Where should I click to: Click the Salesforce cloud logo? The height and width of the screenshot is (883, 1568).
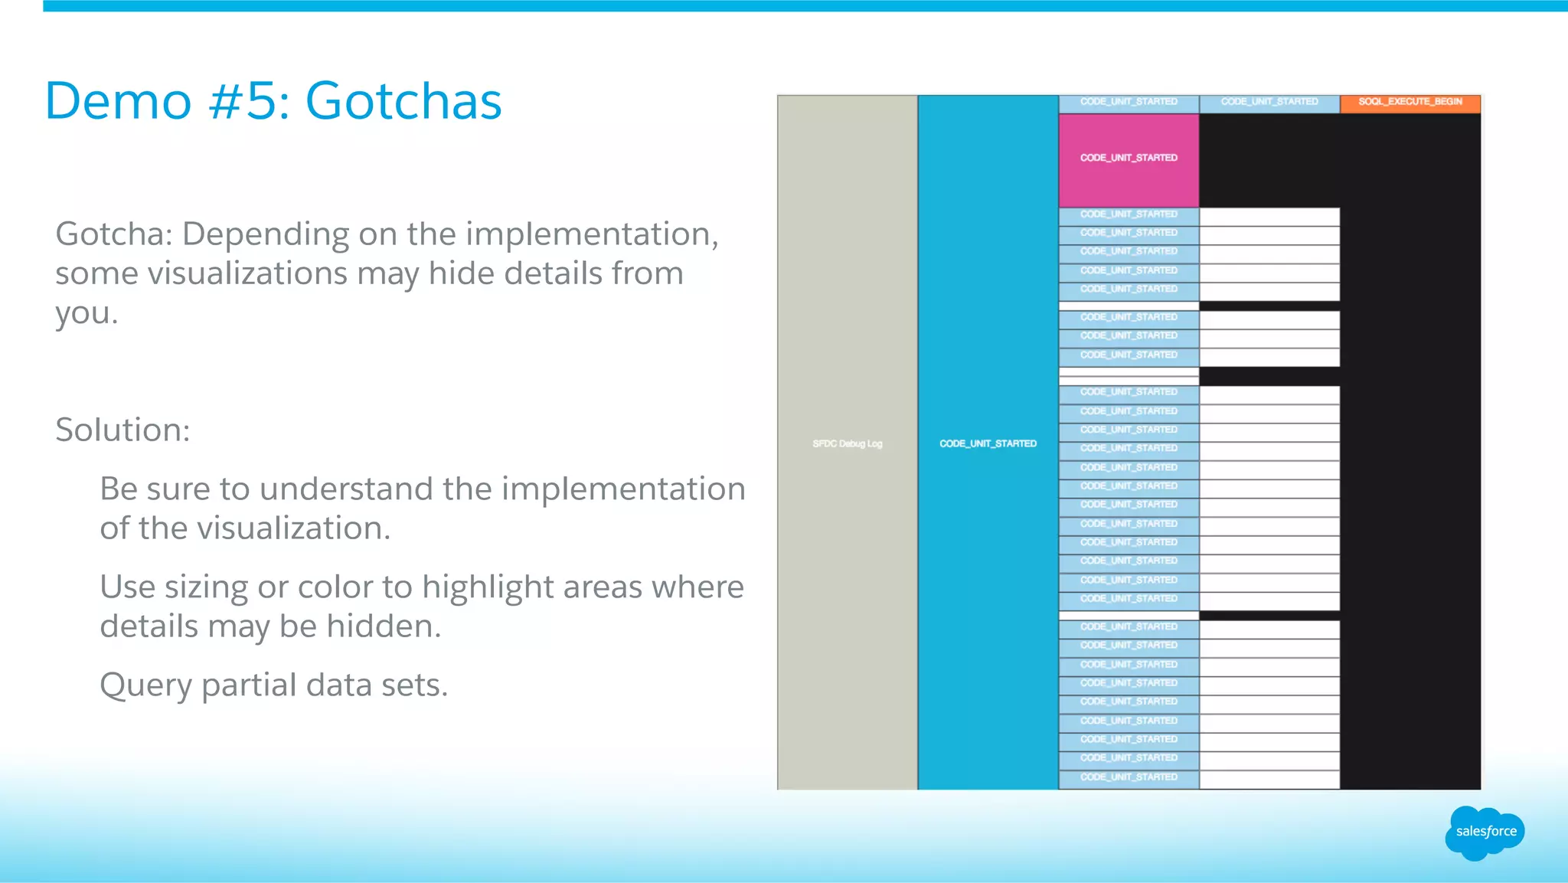(1485, 832)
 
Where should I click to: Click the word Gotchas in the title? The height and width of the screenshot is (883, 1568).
(403, 101)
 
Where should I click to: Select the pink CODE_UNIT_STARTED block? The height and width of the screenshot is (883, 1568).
(1129, 159)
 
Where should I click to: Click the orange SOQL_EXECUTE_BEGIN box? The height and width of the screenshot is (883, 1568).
(1410, 103)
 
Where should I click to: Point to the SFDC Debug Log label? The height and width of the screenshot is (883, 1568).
(847, 443)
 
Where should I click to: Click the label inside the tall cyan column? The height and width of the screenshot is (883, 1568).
(988, 443)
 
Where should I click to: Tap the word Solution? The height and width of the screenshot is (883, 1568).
(122, 430)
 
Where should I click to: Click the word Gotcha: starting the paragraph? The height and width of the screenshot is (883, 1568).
(114, 234)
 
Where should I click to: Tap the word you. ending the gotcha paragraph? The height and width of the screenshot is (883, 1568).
(87, 314)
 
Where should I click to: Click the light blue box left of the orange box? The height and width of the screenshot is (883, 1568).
(1269, 103)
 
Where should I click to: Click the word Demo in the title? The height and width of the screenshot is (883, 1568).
(118, 101)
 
